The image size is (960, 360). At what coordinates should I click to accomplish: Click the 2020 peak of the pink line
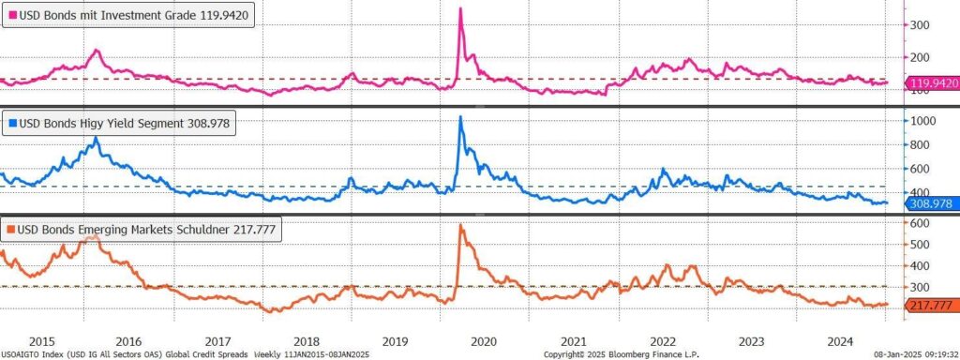(x=460, y=7)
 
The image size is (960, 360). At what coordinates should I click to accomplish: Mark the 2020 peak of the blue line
(x=460, y=116)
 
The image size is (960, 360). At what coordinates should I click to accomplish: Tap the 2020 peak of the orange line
(x=460, y=225)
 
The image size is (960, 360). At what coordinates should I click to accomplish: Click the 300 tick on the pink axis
(x=922, y=25)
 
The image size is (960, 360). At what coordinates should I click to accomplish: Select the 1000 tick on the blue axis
(x=923, y=121)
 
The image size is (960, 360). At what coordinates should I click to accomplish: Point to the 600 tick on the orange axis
(x=922, y=223)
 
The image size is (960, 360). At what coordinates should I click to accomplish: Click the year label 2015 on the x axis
(x=41, y=340)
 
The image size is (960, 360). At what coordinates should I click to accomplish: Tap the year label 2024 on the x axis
(x=840, y=340)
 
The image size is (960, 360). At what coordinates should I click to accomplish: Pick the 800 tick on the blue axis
(x=922, y=144)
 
